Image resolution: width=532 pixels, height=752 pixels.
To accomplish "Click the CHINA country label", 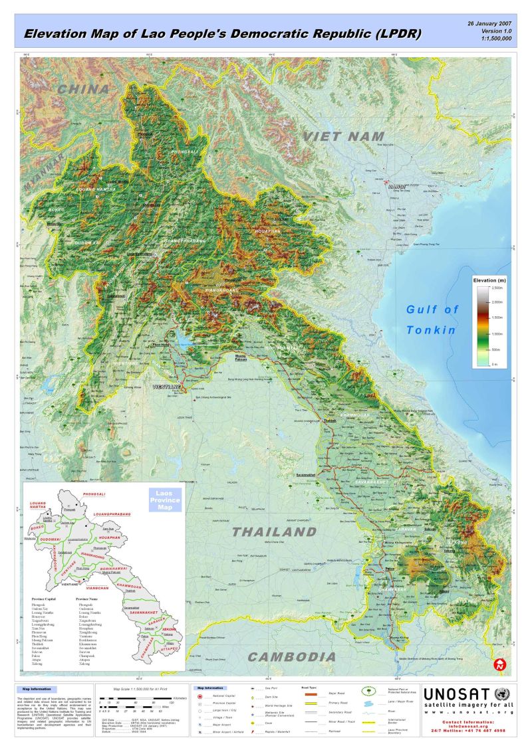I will [x=83, y=89].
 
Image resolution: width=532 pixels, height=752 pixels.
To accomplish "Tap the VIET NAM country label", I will [x=335, y=136].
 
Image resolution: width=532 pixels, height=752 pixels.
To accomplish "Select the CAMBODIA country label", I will [x=292, y=657].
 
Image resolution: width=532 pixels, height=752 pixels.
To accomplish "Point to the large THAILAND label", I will [x=275, y=531].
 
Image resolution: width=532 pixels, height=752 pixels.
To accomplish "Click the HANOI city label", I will [x=397, y=186].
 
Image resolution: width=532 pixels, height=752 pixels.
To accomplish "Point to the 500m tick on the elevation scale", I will [x=496, y=349].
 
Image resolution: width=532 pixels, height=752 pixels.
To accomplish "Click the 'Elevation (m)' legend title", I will [x=489, y=281].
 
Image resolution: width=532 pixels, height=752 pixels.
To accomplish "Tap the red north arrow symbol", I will [x=499, y=664].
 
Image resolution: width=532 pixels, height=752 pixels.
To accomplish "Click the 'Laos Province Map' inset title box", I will [x=164, y=500].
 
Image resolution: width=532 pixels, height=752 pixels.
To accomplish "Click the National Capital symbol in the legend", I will [x=199, y=695].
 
